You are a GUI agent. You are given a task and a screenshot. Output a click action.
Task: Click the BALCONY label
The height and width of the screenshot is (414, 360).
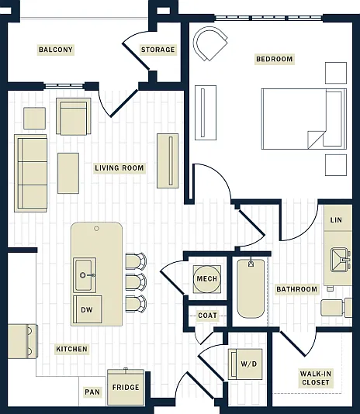[56, 50]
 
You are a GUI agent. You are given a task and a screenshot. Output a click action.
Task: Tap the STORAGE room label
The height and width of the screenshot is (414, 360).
[157, 50]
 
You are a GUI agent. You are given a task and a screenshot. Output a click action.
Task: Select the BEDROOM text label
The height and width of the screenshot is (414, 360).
[275, 59]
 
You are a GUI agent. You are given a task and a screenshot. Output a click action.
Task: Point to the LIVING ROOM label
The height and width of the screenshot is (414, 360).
[119, 168]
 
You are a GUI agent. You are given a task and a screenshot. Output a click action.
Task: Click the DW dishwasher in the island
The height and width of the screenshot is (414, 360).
[87, 309]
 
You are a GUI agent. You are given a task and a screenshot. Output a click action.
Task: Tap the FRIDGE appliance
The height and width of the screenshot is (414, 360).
[126, 388]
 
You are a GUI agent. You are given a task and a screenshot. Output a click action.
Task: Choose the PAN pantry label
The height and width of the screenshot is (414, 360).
[92, 392]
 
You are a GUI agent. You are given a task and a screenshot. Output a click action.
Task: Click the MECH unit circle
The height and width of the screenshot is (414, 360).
[206, 279]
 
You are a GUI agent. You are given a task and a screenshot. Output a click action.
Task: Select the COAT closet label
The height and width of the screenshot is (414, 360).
[207, 316]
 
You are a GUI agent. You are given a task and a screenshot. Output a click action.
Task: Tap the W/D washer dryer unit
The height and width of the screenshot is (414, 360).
[245, 364]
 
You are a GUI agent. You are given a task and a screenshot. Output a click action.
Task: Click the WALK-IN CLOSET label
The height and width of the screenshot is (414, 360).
[315, 378]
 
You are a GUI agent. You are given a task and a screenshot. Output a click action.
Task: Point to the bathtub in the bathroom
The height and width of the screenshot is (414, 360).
[251, 288]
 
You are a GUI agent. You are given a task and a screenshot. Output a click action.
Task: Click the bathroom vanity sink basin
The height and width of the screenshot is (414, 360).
[340, 260]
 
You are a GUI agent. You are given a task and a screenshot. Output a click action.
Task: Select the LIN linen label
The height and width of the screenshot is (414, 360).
[336, 219]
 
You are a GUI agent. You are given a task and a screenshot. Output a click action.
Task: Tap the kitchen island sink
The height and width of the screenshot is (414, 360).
[85, 275]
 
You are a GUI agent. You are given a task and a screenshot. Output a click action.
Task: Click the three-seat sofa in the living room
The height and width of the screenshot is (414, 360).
[31, 173]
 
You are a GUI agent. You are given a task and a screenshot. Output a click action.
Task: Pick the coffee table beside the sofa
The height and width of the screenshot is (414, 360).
[68, 173]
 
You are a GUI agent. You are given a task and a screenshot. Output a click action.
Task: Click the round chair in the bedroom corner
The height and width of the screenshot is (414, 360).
[209, 43]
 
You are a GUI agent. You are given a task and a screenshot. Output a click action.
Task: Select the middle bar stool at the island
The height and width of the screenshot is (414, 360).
[136, 282]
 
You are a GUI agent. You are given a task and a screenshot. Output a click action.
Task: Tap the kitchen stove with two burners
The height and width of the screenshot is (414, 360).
[22, 341]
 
